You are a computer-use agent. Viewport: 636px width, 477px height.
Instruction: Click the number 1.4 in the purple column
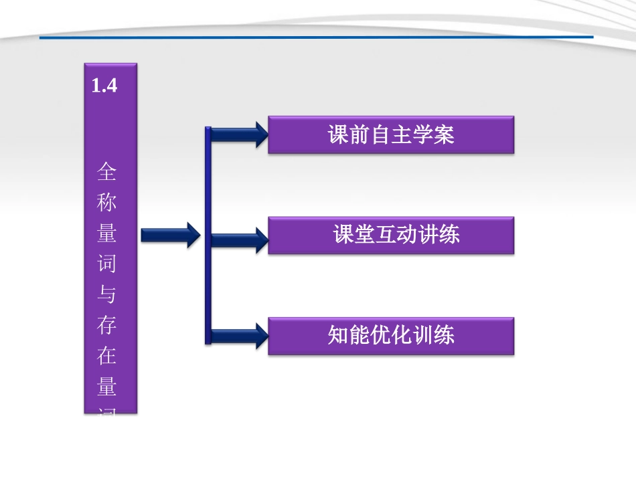(104, 86)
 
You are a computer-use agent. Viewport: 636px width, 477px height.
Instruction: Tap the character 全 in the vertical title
(106, 173)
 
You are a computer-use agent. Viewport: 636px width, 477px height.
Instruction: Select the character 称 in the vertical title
(106, 203)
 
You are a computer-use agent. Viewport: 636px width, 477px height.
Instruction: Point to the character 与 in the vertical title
(106, 294)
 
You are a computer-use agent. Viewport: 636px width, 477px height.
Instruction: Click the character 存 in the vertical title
(106, 325)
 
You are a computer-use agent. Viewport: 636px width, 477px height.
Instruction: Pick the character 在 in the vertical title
(106, 356)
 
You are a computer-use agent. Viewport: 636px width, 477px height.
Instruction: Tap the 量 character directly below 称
(106, 233)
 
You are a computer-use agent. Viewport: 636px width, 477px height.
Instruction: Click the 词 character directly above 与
(106, 264)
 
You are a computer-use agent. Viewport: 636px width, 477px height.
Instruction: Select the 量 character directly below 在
(106, 386)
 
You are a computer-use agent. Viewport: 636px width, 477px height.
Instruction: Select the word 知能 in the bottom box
(347, 335)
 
